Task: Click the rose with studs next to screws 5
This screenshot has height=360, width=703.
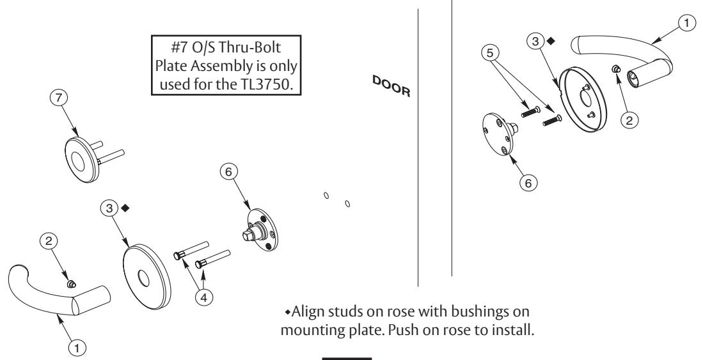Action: click(x=585, y=100)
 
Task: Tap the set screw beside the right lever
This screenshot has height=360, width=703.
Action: click(x=617, y=86)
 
